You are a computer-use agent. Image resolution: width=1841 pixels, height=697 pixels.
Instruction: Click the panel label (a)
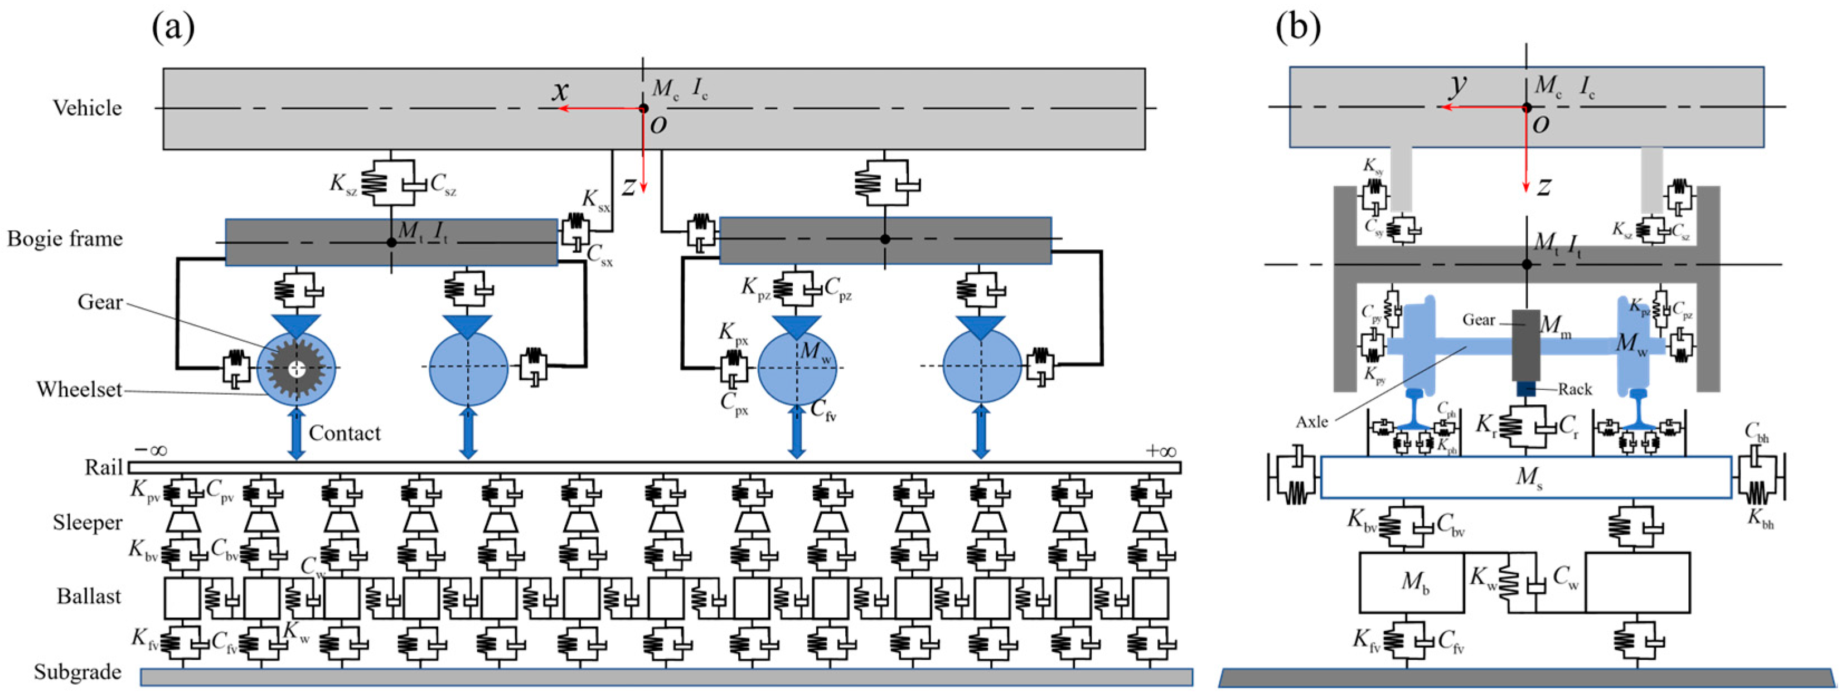173,28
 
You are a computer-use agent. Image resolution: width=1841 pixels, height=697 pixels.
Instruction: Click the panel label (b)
1298,28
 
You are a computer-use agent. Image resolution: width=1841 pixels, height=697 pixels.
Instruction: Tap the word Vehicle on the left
87,108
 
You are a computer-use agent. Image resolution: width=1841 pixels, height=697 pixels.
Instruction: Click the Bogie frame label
65,239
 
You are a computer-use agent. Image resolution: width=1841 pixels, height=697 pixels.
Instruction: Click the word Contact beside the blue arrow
345,433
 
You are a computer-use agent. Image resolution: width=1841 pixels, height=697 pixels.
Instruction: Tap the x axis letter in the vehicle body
561,91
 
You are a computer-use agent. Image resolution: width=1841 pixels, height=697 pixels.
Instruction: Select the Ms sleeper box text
1529,477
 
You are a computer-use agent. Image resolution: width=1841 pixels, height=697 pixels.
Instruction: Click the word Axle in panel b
1311,422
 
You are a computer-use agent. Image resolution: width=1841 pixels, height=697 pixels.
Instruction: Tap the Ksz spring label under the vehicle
342,183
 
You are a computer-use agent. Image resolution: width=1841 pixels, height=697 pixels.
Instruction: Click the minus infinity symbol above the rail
150,451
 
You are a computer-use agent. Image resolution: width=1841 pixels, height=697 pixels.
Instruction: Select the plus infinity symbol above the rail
1160,451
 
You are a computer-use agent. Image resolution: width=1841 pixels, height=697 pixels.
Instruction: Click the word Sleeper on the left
87,523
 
